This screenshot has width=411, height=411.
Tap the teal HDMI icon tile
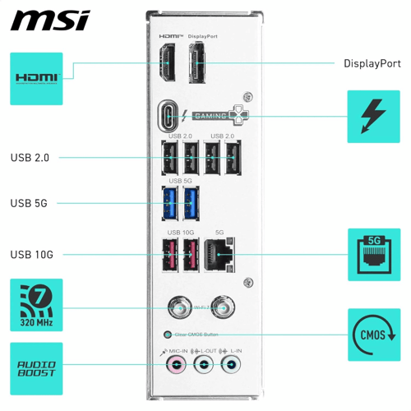(x=36, y=78)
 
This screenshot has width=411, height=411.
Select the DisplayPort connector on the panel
(x=198, y=64)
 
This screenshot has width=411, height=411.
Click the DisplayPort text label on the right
(x=372, y=63)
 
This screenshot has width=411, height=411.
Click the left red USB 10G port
(x=169, y=256)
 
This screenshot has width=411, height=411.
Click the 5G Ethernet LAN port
(x=219, y=256)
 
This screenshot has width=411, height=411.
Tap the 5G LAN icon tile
(x=374, y=255)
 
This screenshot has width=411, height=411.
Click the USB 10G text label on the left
(x=32, y=255)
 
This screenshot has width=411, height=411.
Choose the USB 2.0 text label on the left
(x=30, y=157)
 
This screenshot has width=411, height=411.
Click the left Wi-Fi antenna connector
(x=178, y=308)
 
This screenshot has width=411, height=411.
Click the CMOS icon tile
(x=374, y=335)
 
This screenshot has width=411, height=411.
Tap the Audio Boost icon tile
(x=36, y=368)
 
